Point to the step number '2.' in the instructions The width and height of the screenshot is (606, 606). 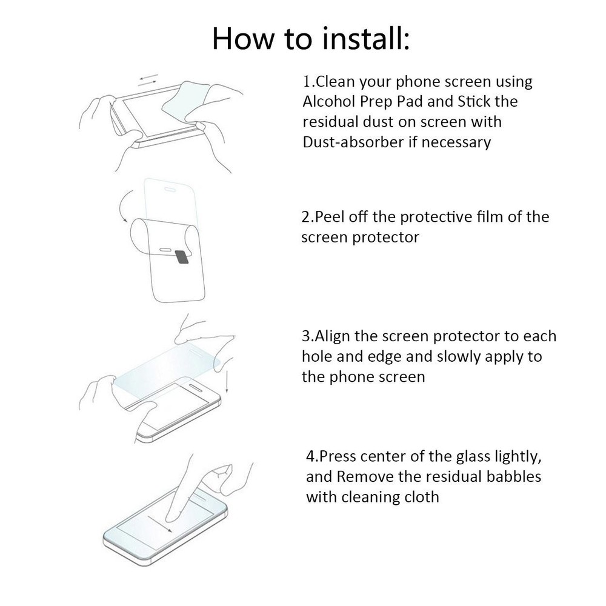(307, 217)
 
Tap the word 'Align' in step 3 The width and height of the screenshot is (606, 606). (333, 336)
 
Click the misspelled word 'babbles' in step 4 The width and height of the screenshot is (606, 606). (508, 476)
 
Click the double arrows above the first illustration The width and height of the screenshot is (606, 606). (148, 79)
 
